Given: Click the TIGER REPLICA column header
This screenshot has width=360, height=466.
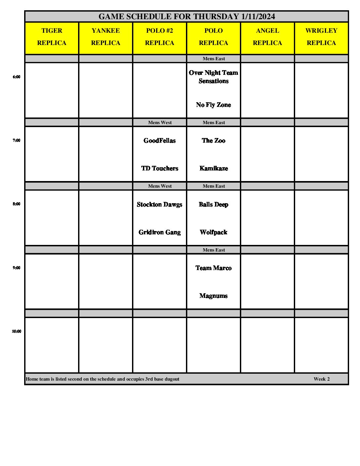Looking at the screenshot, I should [52, 37].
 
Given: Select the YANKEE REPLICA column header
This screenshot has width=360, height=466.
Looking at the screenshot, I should [106, 37].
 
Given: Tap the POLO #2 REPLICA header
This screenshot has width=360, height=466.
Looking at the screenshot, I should [159, 37].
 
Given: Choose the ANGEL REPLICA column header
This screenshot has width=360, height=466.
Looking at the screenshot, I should [267, 37].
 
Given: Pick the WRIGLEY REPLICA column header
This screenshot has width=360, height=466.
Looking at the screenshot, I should [321, 37].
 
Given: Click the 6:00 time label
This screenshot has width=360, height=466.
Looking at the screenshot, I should [17, 77].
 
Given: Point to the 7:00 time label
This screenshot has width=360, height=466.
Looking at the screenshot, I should [17, 140].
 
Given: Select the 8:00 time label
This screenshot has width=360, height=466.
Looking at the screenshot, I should [17, 204].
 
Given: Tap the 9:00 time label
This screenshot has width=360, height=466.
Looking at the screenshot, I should [17, 268].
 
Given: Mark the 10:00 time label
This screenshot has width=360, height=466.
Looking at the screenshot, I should [17, 331].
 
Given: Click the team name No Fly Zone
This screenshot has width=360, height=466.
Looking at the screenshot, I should [213, 105].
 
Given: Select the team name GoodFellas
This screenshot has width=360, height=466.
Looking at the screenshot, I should [159, 141].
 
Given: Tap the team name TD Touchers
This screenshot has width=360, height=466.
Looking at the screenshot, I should [159, 168].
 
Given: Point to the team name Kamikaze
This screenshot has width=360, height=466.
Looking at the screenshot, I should [213, 168].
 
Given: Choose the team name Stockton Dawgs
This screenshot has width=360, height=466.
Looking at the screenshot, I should [159, 205].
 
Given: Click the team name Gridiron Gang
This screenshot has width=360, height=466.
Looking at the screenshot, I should [159, 232].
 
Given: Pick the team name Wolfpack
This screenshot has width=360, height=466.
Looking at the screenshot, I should [213, 232].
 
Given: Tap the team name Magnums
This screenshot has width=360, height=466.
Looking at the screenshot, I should [213, 296].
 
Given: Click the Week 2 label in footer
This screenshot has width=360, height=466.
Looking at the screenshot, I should [322, 379].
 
